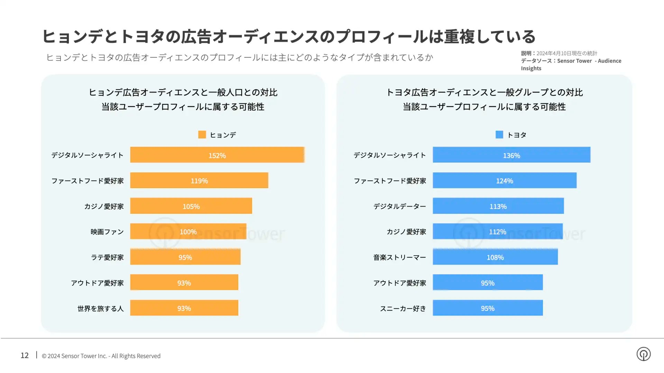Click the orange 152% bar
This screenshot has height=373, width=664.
(217, 155)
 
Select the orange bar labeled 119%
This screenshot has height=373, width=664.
(199, 180)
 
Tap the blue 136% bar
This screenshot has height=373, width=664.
(511, 155)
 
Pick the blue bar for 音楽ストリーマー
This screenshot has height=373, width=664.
(495, 257)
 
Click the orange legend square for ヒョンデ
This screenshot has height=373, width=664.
(202, 134)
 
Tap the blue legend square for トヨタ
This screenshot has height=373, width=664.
(499, 134)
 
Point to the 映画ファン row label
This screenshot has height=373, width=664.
(107, 232)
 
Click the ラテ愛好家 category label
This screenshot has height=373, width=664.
(107, 257)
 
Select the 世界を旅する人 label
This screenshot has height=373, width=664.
(100, 308)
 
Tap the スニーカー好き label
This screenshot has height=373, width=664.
(403, 308)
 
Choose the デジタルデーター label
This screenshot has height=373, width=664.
(399, 206)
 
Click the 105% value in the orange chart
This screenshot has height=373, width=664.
(191, 207)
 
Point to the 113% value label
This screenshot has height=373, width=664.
(498, 207)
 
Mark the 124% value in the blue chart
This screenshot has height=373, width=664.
(505, 181)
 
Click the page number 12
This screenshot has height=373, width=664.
(25, 355)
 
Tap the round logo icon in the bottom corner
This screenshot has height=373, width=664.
(643, 354)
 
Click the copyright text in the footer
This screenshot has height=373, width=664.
(101, 356)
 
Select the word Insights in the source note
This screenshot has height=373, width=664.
(531, 68)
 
